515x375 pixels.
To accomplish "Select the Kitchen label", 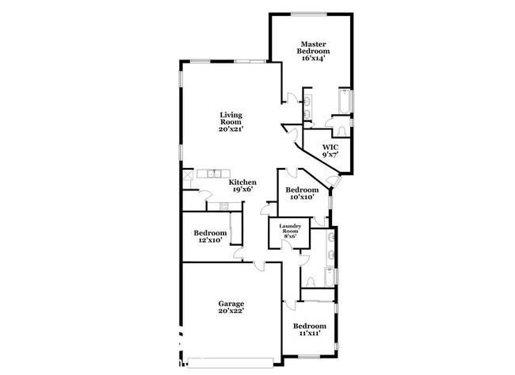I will coord(242,182).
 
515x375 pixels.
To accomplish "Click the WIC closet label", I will coord(330,147).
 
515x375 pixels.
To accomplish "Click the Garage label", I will coord(231,304).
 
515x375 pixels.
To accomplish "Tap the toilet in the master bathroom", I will coord(339,130).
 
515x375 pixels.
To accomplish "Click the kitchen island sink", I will coord(213,172).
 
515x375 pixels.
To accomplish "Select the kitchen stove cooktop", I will coord(224,205).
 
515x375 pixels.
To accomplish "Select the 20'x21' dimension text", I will coord(231,128).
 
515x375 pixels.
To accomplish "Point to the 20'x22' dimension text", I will coord(231,312).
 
